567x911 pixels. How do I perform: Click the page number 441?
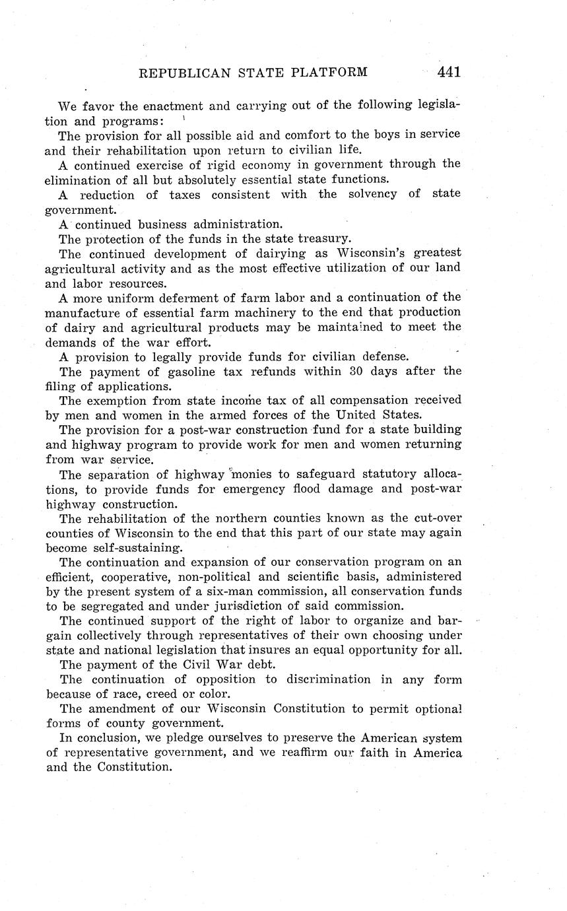click(x=448, y=72)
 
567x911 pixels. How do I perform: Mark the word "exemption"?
click(x=119, y=400)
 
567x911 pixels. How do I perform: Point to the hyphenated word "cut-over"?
click(x=437, y=519)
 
